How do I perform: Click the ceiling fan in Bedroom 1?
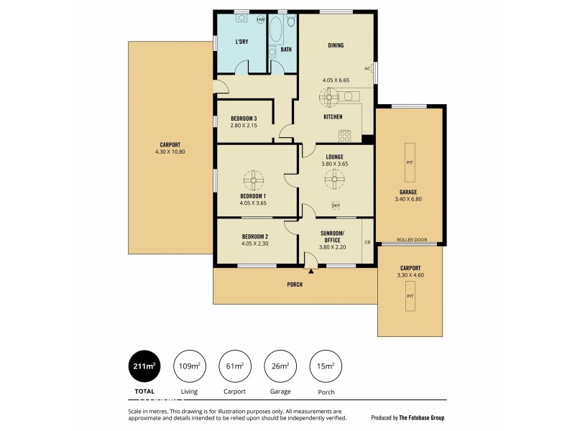(x=253, y=179)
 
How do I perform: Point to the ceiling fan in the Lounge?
(x=335, y=179)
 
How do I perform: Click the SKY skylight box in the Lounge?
(x=336, y=206)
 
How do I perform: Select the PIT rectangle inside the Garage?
(x=410, y=163)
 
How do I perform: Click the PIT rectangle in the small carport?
(x=410, y=296)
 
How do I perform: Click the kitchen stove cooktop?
(x=344, y=135)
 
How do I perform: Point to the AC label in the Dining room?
(x=367, y=69)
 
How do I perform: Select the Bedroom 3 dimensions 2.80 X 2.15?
(x=243, y=126)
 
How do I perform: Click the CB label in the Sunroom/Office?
(x=367, y=242)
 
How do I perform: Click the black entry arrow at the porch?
(x=311, y=272)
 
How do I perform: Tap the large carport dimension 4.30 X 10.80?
(x=170, y=152)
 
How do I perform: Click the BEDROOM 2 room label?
(x=254, y=236)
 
